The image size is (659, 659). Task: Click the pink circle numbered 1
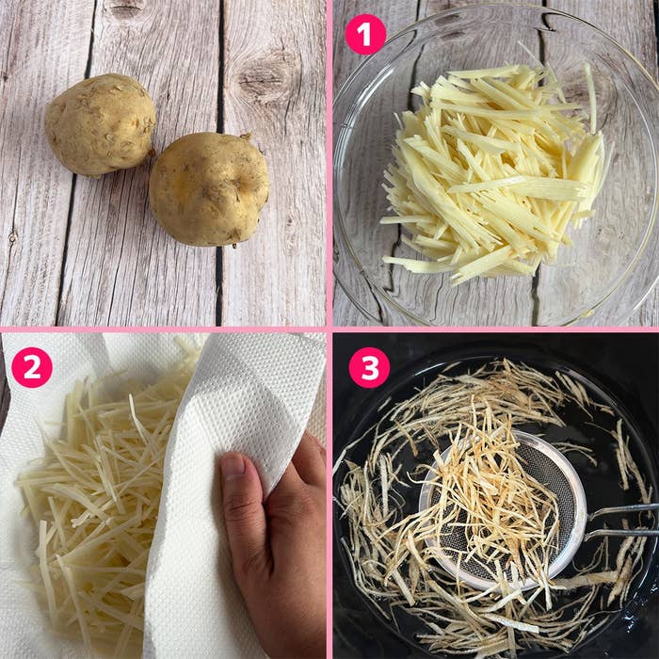click(365, 35)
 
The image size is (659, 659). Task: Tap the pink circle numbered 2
click(32, 367)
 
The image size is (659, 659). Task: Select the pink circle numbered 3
click(369, 367)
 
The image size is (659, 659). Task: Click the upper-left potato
click(100, 124)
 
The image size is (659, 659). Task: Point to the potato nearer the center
click(209, 188)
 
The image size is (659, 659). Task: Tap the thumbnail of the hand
click(233, 467)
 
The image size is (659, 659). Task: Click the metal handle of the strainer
click(622, 522)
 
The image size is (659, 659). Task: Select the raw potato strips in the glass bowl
click(491, 172)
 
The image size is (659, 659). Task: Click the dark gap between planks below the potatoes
click(218, 286)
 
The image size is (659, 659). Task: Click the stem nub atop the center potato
click(246, 137)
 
